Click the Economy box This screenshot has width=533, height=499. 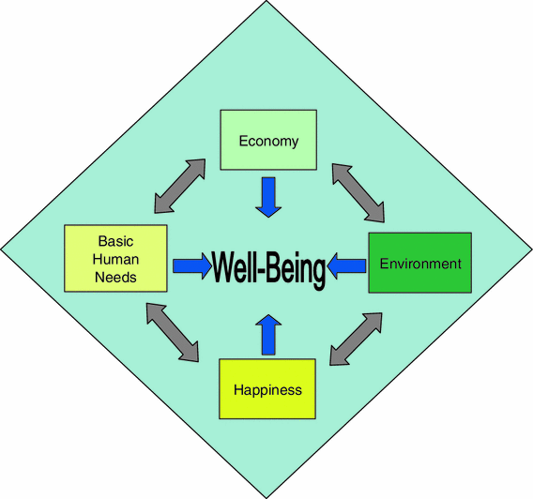tap(267, 141)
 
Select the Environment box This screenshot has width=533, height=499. tap(419, 263)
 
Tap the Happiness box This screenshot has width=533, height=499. tap(267, 388)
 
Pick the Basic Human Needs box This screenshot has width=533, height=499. tap(115, 258)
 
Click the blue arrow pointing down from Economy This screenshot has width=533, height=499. tap(268, 197)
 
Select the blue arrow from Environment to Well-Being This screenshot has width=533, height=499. tap(348, 266)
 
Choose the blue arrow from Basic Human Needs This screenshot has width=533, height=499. tap(192, 266)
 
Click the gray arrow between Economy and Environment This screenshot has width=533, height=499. tap(358, 192)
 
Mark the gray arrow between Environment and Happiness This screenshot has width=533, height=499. tap(358, 340)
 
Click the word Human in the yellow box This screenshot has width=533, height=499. tap(115, 259)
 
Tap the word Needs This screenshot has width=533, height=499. tap(115, 277)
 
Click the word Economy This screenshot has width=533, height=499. tap(268, 142)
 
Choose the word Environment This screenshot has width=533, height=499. tap(420, 264)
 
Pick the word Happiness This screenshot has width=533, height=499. tap(268, 389)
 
